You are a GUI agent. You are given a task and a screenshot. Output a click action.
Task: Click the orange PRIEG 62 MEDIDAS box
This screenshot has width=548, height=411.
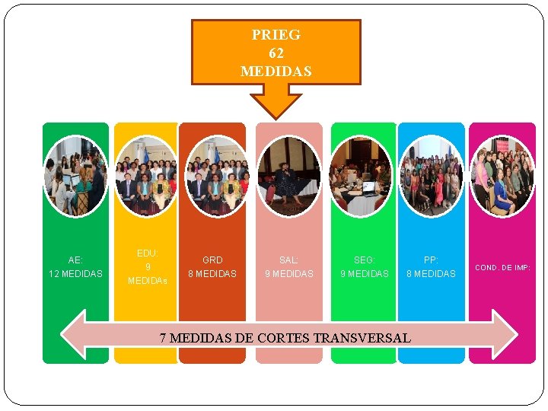point(276,52)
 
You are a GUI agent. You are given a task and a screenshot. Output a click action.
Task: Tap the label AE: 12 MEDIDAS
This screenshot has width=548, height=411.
point(75,266)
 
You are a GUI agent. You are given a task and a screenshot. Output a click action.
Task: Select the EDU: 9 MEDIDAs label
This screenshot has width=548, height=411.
point(148,266)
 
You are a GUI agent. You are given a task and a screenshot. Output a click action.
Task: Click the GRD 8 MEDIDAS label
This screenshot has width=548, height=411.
point(212,266)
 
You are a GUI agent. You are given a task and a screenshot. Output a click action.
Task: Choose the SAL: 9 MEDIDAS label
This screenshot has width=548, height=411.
point(288,266)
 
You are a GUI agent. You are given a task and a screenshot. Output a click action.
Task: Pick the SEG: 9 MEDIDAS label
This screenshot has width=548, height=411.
point(364,266)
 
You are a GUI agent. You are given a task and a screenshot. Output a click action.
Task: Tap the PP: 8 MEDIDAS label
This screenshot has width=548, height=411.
point(431,266)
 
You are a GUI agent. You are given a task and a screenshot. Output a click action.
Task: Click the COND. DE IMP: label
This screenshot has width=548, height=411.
point(502,268)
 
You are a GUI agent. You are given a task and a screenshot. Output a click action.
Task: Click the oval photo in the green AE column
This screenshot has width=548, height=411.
point(75,175)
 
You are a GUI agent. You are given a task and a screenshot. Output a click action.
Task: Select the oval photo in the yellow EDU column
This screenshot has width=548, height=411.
point(147,177)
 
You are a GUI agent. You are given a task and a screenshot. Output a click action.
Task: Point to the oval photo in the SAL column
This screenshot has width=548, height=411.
point(288,177)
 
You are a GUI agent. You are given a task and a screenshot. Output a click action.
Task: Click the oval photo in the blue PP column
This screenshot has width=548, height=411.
point(431,177)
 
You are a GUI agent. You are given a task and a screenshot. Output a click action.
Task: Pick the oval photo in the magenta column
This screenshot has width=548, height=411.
point(502,177)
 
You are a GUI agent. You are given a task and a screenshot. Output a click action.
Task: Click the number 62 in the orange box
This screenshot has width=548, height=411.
point(276,53)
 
